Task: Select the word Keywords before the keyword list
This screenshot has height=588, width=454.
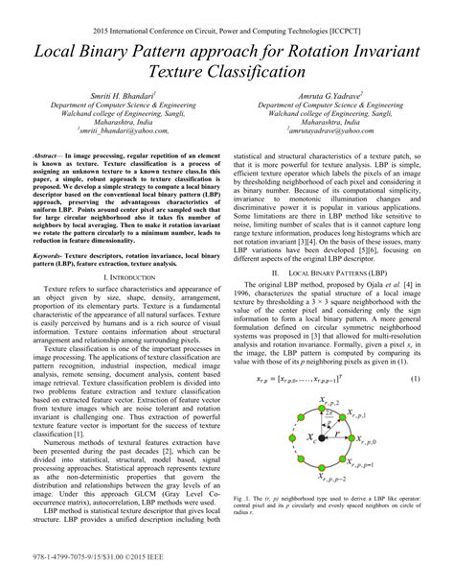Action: [x=50, y=256]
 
